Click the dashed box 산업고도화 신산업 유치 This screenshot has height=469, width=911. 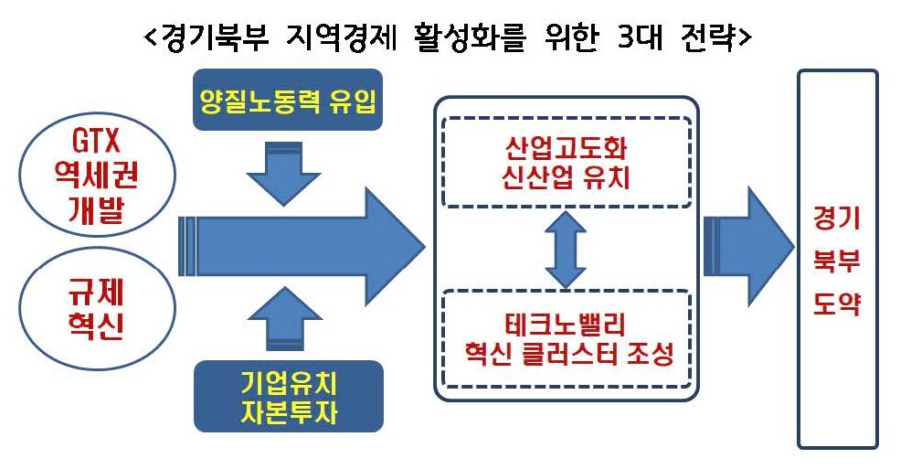tap(566, 162)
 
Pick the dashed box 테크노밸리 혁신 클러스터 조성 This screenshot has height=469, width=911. tap(566, 339)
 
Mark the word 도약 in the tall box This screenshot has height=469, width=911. tap(837, 302)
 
